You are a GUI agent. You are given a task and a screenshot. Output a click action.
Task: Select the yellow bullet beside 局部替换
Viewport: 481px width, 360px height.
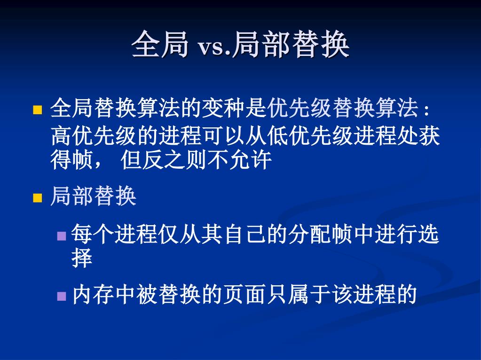pos(38,198)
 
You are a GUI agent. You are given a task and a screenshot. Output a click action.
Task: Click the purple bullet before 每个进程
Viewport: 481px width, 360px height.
pos(62,236)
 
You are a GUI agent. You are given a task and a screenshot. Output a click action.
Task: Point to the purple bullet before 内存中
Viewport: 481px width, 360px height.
pos(62,296)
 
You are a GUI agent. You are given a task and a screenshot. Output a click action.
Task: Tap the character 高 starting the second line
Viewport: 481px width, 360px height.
pos(61,135)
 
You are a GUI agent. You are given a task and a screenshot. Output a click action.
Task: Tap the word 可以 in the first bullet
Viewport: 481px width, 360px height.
pos(224,135)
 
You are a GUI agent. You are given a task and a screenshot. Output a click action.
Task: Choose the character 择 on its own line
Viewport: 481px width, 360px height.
pos(82,258)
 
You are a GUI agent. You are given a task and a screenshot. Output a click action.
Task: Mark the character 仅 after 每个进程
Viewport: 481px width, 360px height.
pos(168,234)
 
